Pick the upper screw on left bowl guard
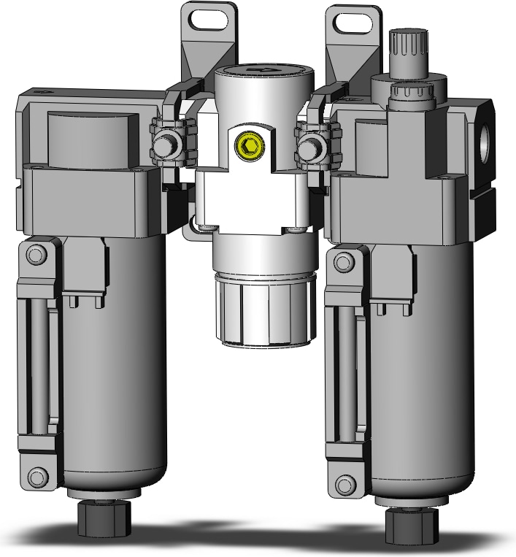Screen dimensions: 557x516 click(34, 254)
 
